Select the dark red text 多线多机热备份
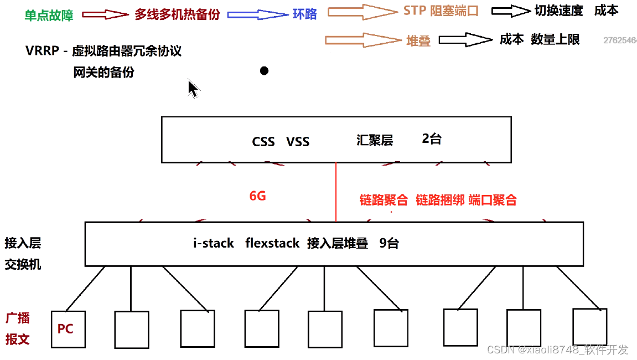(x=177, y=14)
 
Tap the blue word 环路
(x=305, y=14)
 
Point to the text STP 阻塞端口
(x=441, y=11)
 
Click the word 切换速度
(x=558, y=11)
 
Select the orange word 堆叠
(x=418, y=40)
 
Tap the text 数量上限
(x=555, y=39)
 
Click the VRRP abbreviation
(x=42, y=51)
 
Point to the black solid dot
(x=264, y=71)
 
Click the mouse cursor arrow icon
(x=193, y=89)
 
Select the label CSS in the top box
(x=263, y=142)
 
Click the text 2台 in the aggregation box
(x=432, y=139)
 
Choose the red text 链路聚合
(x=384, y=200)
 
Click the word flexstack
(x=272, y=243)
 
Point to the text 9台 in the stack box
(x=389, y=243)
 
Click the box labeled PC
(x=68, y=329)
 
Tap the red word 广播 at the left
(x=18, y=318)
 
